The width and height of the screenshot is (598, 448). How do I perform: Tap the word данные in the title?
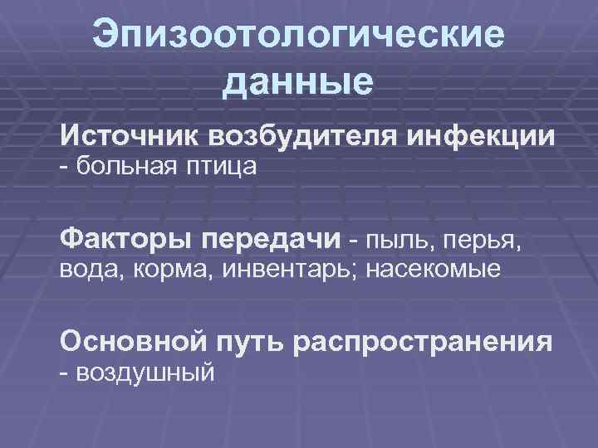point(299,83)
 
